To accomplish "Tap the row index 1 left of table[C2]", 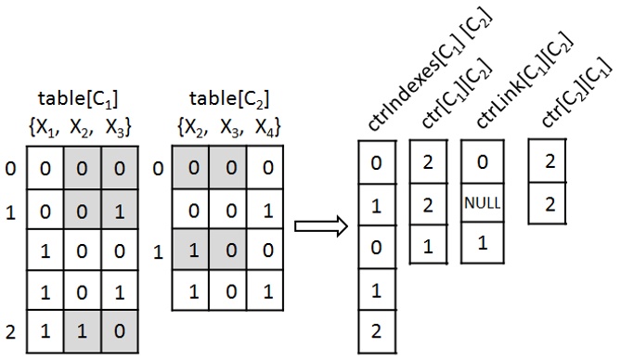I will pyautogui.click(x=158, y=251).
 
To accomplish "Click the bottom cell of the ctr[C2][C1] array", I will pyautogui.click(x=549, y=203).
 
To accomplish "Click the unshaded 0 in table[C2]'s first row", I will pyautogui.click(x=265, y=170).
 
